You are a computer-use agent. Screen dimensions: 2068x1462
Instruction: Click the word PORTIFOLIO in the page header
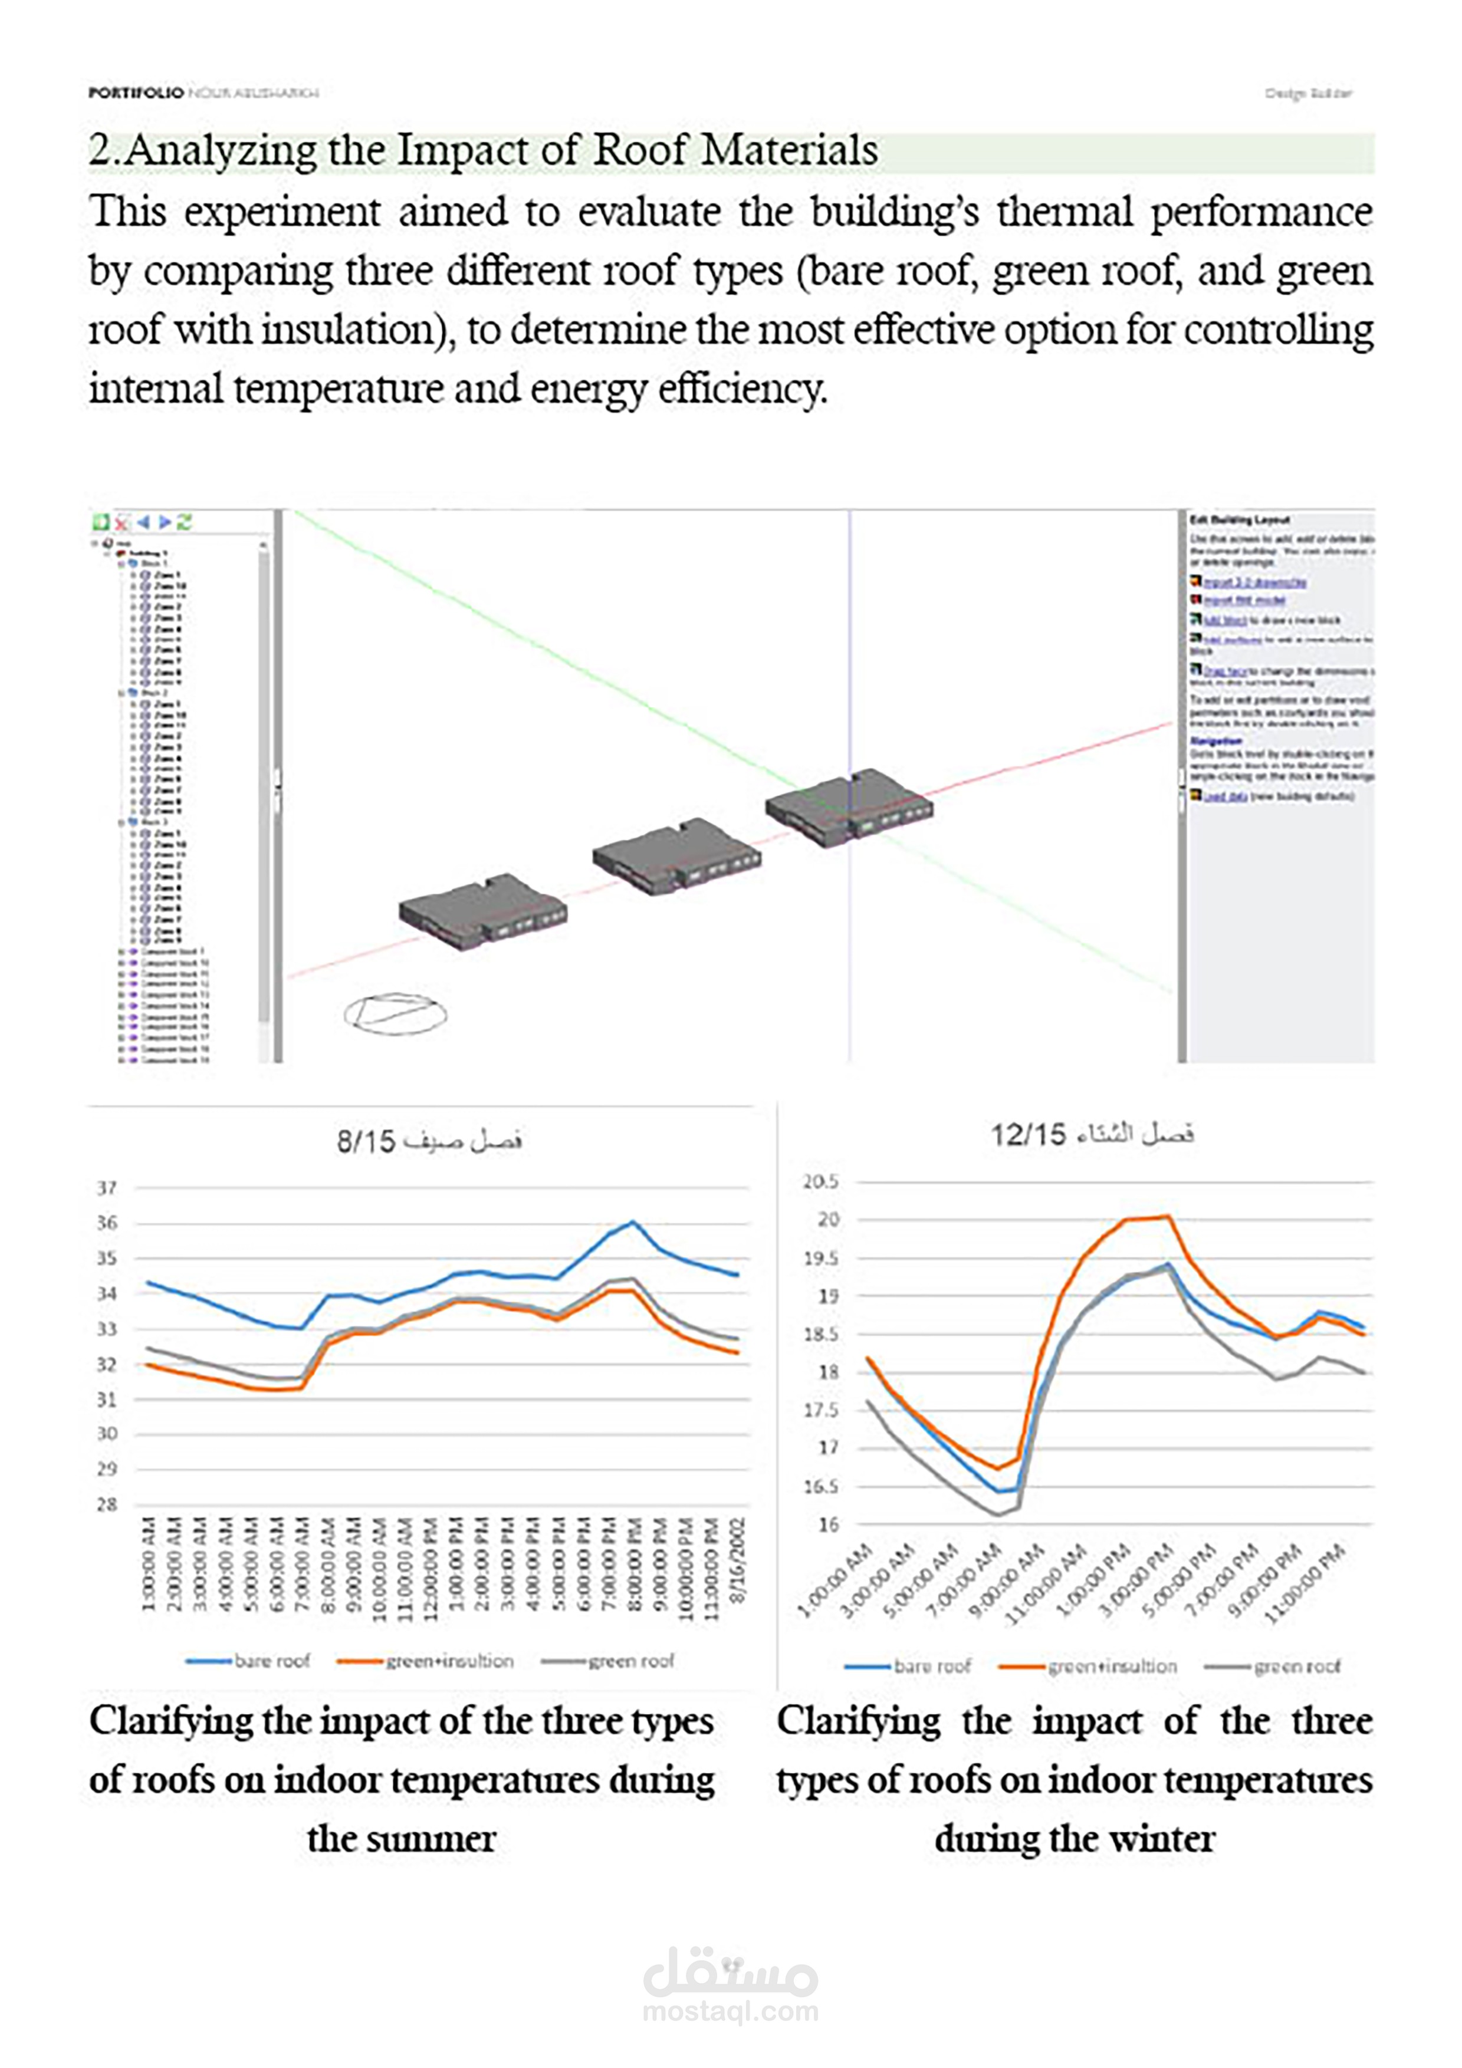pyautogui.click(x=135, y=92)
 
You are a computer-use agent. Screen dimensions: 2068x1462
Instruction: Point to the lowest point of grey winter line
pyautogui.click(x=998, y=1514)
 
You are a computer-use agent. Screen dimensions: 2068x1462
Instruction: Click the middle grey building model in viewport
pyautogui.click(x=676, y=855)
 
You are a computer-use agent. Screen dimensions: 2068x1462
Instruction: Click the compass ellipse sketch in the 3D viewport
pyautogui.click(x=395, y=1014)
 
